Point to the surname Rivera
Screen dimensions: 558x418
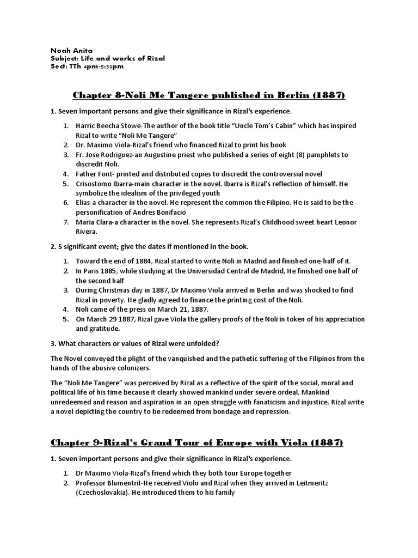(x=88, y=231)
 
